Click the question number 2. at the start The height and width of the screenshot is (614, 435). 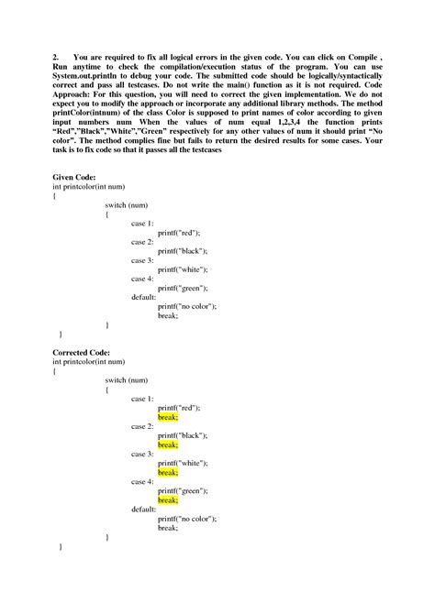point(57,56)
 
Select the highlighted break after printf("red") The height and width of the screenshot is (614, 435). point(168,417)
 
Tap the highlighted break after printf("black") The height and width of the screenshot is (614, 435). point(168,445)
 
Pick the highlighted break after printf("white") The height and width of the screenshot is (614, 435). point(168,473)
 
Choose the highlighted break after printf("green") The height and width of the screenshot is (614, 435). point(168,500)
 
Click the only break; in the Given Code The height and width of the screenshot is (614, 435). point(168,315)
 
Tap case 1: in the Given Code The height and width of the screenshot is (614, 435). point(142,223)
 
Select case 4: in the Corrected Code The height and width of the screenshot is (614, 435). point(142,482)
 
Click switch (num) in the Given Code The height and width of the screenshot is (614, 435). point(127,204)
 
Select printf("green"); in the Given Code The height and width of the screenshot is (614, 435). point(183,288)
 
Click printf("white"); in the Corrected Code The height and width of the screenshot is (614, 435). point(183,464)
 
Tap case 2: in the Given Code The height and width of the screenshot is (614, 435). point(142,241)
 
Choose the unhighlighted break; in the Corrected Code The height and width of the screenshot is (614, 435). point(168,528)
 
